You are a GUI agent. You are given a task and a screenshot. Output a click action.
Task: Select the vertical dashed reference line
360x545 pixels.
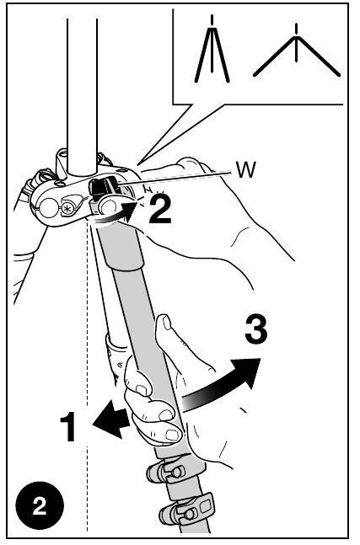[x=86, y=379]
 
